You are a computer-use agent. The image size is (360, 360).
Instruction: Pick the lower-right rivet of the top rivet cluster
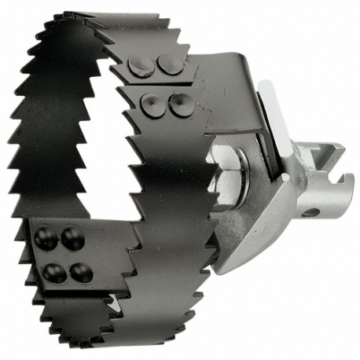click(179, 101)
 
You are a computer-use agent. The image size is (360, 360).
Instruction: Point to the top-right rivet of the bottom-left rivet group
click(72, 238)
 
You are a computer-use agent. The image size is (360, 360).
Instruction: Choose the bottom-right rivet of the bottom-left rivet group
click(80, 272)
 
